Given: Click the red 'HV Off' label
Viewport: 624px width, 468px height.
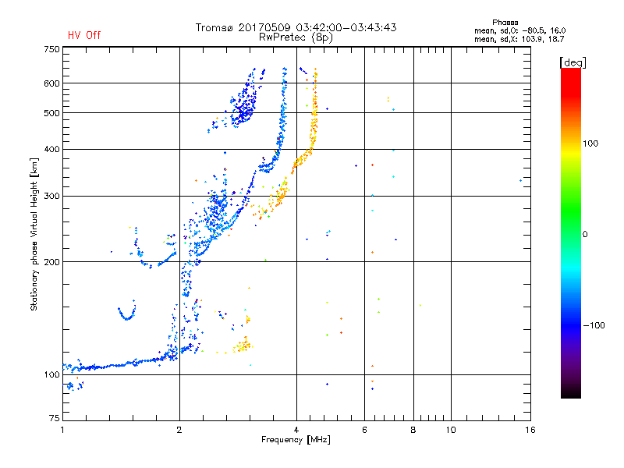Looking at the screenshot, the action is coord(84,35).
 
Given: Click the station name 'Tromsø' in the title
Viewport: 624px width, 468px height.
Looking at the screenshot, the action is coord(215,27).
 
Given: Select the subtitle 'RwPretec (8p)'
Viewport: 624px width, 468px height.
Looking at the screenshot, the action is coord(296,37).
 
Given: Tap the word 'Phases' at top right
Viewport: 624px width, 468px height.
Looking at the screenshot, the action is coord(505,23).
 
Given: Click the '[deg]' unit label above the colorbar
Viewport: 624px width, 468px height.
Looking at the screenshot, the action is coord(573,62).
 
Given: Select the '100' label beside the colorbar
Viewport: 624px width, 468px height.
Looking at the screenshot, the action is coord(590,144).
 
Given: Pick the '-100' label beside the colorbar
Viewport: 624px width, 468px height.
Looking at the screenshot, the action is coord(594,325).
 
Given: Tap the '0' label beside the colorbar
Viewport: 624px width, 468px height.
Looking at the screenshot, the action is coord(585,235).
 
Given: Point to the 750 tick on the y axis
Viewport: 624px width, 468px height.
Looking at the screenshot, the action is coord(51,49).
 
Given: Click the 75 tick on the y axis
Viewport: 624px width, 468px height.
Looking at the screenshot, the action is coord(55,418).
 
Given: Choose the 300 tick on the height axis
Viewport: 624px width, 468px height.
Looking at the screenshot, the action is coord(51,196).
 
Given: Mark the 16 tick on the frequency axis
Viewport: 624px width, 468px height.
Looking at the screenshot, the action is coord(530,430).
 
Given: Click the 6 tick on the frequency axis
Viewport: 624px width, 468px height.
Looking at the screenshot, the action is coord(364,430).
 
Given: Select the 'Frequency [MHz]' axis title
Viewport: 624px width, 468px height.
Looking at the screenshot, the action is coord(296,440).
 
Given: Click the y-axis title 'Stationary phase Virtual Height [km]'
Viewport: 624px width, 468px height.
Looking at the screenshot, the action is coord(34,234).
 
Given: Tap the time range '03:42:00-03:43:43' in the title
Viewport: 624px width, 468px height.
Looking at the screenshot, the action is coord(346,27).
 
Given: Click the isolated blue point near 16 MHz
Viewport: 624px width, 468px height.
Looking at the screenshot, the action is coord(520,181).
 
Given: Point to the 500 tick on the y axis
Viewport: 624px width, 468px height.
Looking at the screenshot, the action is coord(51,112).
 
